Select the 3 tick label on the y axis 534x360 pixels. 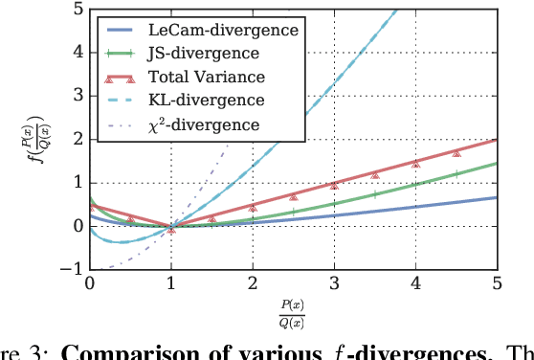(x=75, y=97)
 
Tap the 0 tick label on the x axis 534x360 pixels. (x=89, y=284)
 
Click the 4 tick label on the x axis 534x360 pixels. (x=415, y=284)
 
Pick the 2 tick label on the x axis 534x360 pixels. (x=253, y=284)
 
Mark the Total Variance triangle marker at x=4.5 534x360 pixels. (x=456, y=152)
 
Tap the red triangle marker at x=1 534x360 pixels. (x=171, y=229)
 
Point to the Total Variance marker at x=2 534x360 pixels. (x=253, y=207)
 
